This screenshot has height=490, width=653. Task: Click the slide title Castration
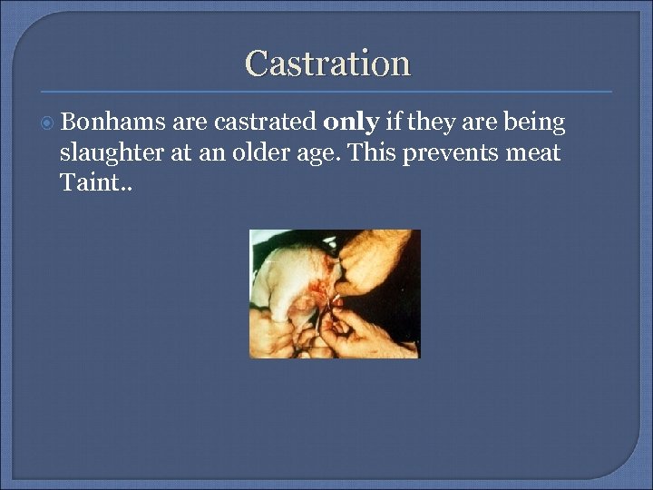click(327, 64)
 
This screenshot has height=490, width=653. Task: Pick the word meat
click(533, 153)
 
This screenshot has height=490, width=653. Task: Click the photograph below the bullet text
click(335, 293)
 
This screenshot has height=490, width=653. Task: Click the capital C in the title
click(256, 64)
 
